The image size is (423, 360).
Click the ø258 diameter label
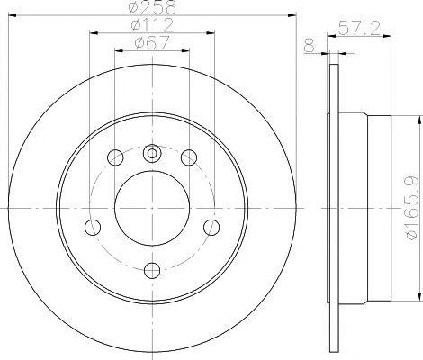coord(152,7)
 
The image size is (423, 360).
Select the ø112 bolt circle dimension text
coord(152,25)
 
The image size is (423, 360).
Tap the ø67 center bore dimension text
coord(152,43)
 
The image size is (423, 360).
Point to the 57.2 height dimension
coord(359,29)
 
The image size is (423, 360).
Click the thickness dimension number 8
coord(310,46)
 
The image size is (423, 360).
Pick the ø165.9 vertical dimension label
coord(411,208)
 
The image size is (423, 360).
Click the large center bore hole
coord(152,208)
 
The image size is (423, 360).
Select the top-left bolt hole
coord(115,157)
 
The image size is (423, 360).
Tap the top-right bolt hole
coord(189,157)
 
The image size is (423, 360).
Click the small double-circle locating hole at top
coord(152,153)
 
